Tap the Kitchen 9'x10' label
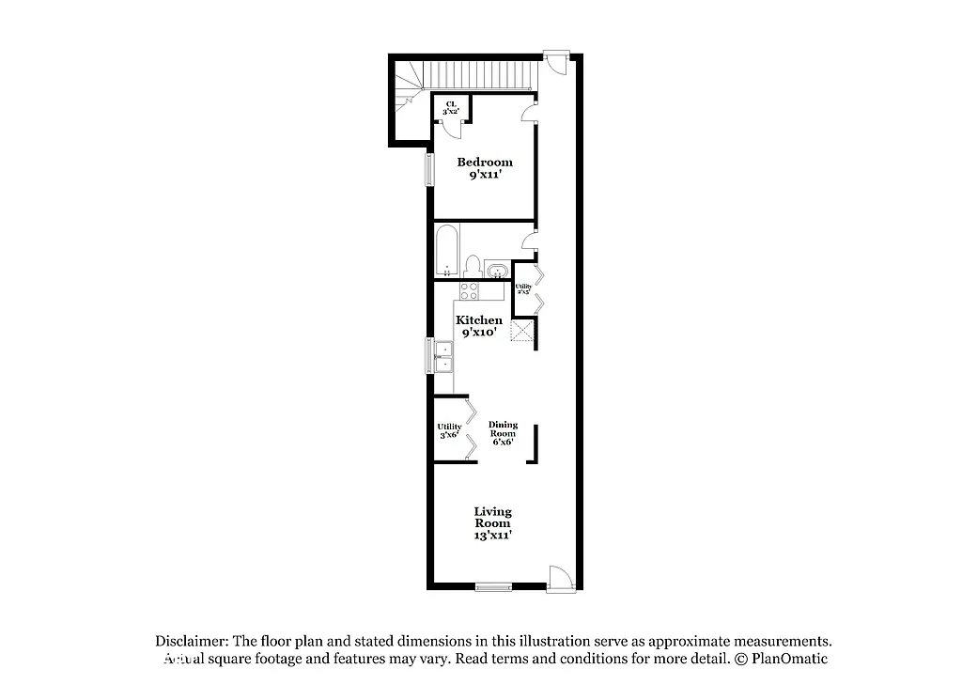479,326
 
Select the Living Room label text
492,523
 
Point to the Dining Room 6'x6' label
503,432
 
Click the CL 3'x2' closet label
451,107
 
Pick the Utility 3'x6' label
449,430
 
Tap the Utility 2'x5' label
523,289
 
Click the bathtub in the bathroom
447,250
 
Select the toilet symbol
473,266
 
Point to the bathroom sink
498,272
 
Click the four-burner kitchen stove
469,290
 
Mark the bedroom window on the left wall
429,169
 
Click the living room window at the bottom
493,587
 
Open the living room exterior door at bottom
559,578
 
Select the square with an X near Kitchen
523,334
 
